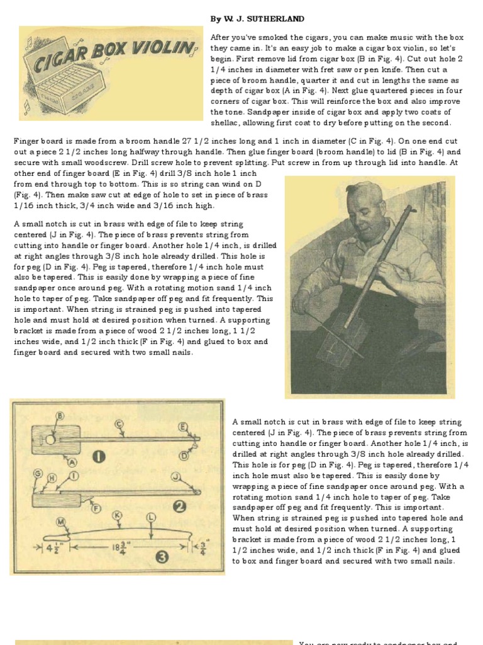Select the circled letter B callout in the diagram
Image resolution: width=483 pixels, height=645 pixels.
[x=60, y=416]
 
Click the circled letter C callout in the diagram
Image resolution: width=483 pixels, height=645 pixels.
[x=119, y=423]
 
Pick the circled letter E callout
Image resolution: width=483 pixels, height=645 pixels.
[x=183, y=426]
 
